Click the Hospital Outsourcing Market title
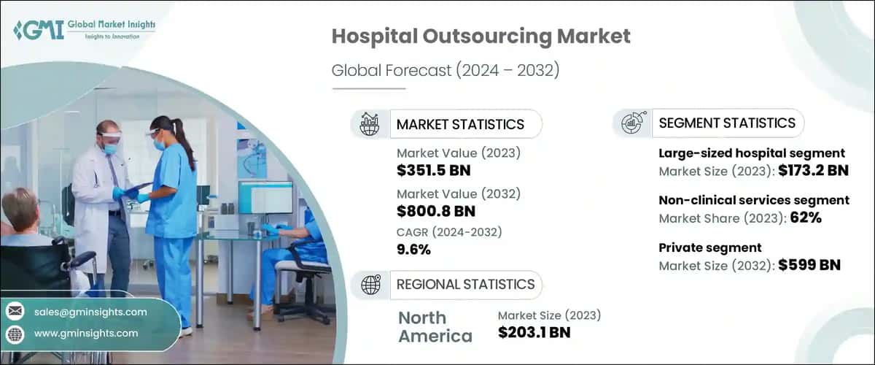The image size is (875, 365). point(481,36)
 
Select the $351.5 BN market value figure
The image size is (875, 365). point(433,171)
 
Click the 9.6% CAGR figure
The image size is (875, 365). point(413,250)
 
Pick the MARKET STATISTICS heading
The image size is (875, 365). point(460,124)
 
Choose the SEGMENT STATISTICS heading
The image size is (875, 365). point(726,123)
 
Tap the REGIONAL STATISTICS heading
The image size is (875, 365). point(465,284)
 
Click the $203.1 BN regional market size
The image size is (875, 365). point(534,333)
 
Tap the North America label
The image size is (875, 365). point(435,326)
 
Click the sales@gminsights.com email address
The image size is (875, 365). point(90,312)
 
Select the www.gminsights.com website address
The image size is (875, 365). point(86,333)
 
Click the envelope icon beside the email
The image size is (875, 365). point(15,312)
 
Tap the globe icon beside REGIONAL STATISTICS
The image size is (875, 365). point(370,284)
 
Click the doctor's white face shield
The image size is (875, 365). point(109,138)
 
